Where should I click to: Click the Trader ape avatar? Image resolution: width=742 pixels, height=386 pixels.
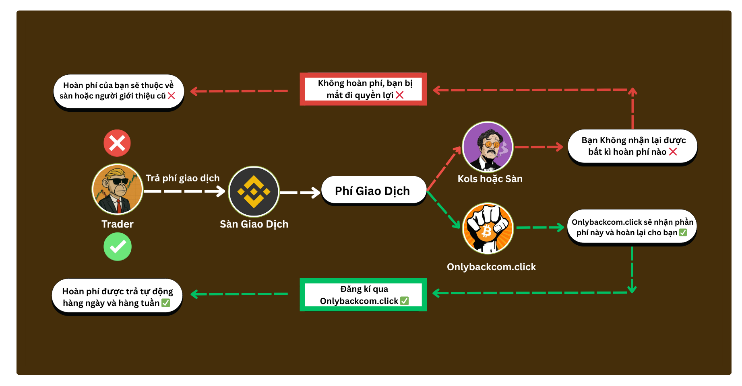tap(117, 189)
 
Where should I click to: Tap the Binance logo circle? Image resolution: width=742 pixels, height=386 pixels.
tap(254, 192)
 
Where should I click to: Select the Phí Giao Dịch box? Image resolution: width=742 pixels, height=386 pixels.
tap(373, 191)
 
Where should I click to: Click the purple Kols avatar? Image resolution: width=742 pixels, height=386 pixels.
tap(488, 147)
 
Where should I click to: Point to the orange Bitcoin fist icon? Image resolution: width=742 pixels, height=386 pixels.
tap(488, 228)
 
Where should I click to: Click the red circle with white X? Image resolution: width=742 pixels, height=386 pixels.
tap(117, 143)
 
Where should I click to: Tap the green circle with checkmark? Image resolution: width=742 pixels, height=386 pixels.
tap(118, 246)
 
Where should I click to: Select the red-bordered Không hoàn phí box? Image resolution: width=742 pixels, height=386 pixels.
tap(363, 89)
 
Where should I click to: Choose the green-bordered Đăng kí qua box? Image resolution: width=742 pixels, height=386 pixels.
tap(363, 295)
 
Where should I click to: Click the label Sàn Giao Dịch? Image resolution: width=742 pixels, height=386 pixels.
tap(254, 224)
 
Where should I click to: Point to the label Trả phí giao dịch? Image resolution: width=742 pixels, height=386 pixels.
tap(182, 178)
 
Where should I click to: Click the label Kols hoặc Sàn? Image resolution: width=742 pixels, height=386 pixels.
tap(490, 179)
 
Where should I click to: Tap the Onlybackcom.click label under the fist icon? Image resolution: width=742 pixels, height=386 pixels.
tap(491, 267)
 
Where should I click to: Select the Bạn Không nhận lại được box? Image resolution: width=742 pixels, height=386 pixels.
tap(632, 146)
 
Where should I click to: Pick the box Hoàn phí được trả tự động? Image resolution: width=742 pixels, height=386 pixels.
tap(117, 297)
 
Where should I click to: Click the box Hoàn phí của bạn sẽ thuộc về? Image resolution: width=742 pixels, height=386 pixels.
tap(118, 91)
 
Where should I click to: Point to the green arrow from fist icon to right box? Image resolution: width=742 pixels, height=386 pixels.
tap(540, 228)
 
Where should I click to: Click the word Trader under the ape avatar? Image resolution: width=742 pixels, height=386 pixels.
tap(117, 224)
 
